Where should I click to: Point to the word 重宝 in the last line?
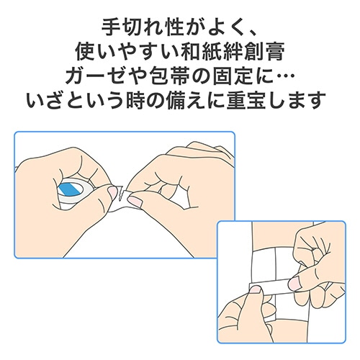(246, 99)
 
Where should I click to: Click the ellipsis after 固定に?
(285, 76)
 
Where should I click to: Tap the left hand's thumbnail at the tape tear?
(112, 193)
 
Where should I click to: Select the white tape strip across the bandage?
(270, 287)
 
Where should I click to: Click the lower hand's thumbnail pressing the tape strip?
(255, 289)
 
